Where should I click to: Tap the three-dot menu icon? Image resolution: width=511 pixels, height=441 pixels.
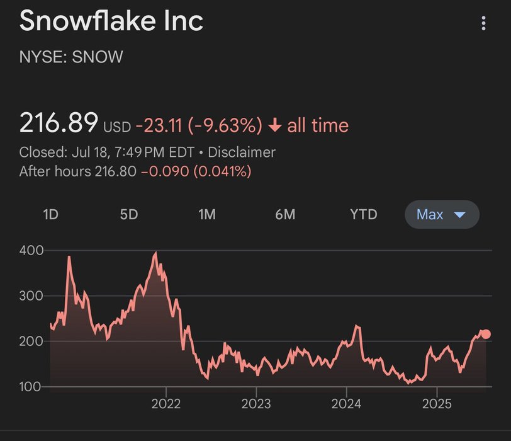(x=483, y=24)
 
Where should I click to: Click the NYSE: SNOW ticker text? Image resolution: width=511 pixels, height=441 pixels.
(x=71, y=57)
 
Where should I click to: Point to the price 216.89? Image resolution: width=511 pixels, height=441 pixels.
(x=59, y=123)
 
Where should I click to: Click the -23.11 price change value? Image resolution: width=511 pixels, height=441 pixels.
(x=158, y=125)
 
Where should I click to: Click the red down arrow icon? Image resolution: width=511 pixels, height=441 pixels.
(x=274, y=125)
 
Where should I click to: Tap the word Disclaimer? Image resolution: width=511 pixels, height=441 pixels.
(x=242, y=152)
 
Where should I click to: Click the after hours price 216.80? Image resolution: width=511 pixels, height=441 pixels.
(x=115, y=171)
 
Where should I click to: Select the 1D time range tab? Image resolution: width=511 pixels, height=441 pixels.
(x=50, y=214)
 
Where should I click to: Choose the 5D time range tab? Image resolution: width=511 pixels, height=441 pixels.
(x=128, y=214)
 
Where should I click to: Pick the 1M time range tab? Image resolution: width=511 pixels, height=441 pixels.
(x=206, y=214)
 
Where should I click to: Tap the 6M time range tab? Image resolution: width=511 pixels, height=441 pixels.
(x=284, y=214)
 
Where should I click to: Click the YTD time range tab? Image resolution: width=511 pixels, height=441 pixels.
(x=363, y=214)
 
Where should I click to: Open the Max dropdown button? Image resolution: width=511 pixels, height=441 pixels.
(x=441, y=214)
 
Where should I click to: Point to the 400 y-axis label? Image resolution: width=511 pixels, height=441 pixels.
(x=31, y=250)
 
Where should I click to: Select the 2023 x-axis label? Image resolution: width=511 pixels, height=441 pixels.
(x=257, y=404)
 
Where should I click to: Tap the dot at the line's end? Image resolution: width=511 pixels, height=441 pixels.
(x=485, y=335)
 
